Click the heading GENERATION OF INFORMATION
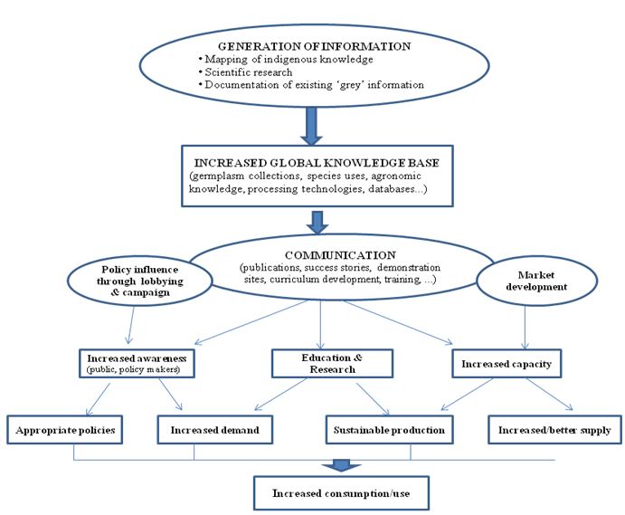[315, 46]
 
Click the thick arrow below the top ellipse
[311, 126]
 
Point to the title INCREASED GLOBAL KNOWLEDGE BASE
[317, 163]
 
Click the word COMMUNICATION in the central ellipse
[340, 255]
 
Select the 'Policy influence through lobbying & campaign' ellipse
[140, 281]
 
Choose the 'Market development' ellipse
[537, 281]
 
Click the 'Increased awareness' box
[137, 364]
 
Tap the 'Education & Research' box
[332, 364]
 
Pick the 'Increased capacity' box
[507, 364]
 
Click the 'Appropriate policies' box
[64, 430]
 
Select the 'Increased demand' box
[215, 430]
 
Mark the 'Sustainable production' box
[390, 430]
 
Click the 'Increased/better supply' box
[554, 430]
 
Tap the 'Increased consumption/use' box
[341, 493]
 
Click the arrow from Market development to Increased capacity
[525, 328]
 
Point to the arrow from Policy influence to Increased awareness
[131, 325]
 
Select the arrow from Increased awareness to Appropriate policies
[98, 399]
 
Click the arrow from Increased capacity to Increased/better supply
[550, 394]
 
